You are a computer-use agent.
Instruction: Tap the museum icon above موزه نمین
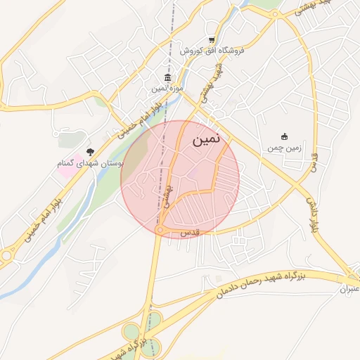pyautogui.click(x=167, y=77)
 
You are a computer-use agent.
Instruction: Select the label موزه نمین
pyautogui.click(x=167, y=89)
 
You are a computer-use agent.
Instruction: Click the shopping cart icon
pyautogui.click(x=212, y=39)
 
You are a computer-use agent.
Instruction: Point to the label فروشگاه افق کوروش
pyautogui.click(x=210, y=51)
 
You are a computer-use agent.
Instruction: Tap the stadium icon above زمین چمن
pyautogui.click(x=284, y=136)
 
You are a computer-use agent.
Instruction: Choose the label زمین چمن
pyautogui.click(x=284, y=148)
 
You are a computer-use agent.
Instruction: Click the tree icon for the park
pyautogui.click(x=89, y=151)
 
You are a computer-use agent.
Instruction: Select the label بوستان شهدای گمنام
pyautogui.click(x=90, y=163)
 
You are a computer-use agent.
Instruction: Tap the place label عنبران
pyautogui.click(x=349, y=289)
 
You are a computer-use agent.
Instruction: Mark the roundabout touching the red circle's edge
pyautogui.click(x=161, y=230)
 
